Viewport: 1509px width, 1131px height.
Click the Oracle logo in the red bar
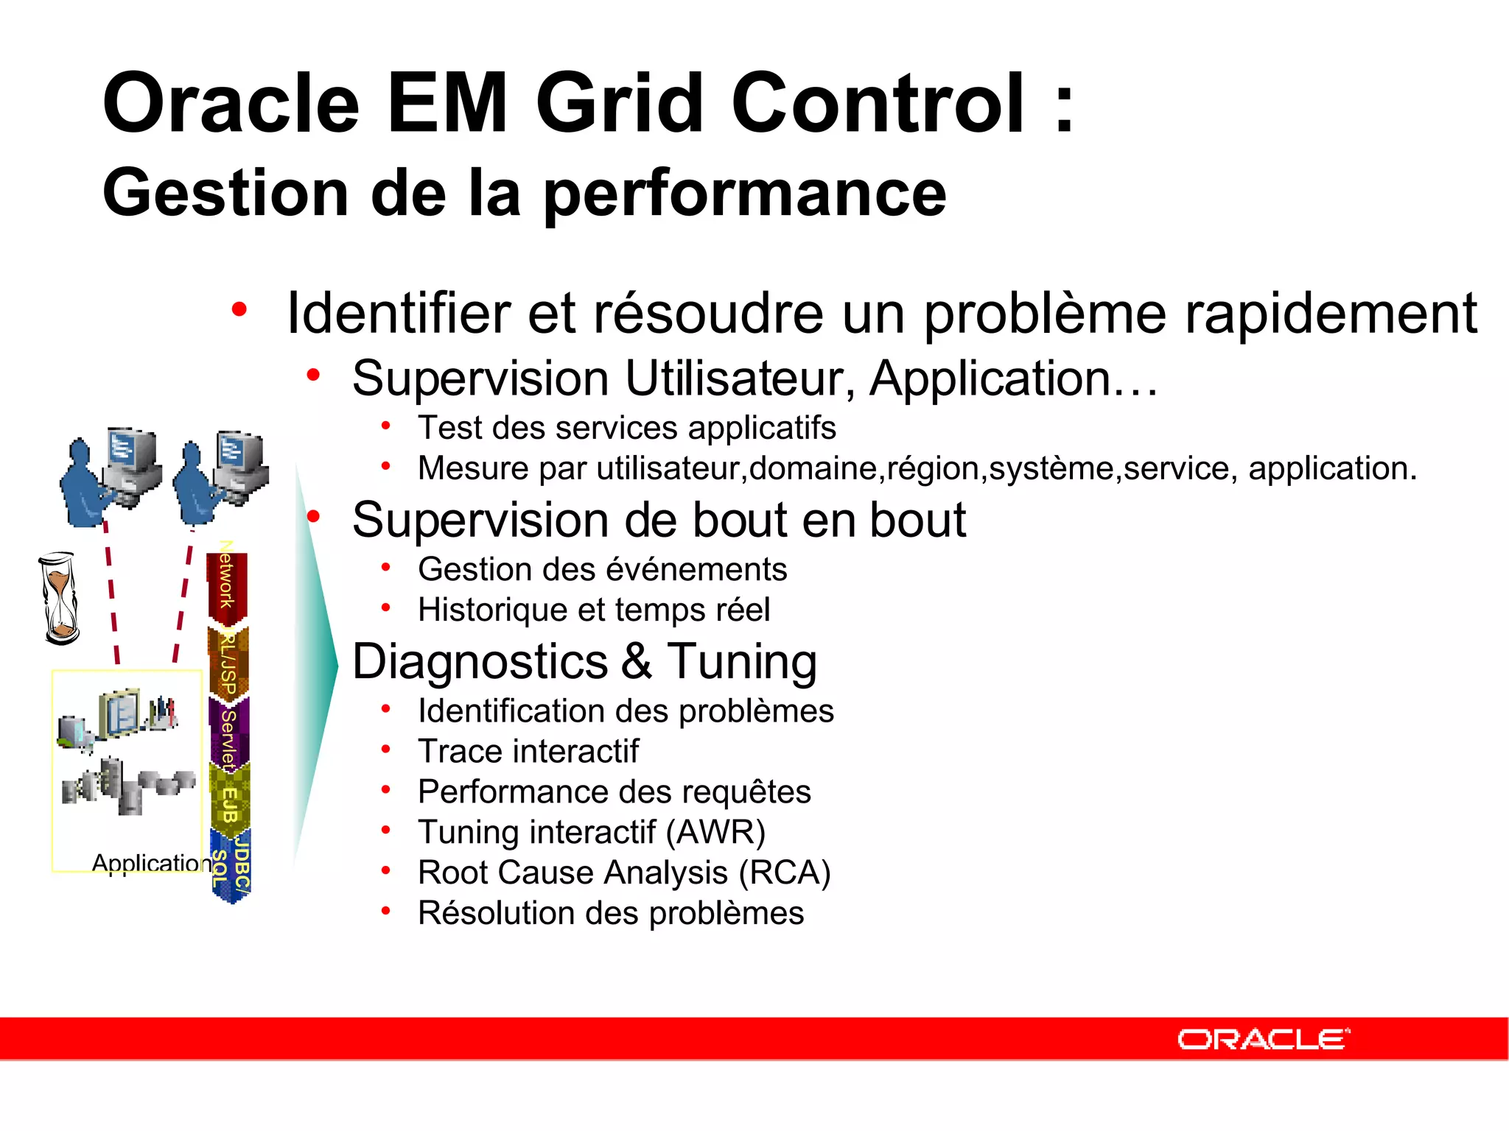tap(1263, 1039)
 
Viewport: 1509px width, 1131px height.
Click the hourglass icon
tap(59, 598)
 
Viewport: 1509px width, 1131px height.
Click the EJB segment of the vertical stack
tap(230, 803)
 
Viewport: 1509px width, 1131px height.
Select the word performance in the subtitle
tap(744, 193)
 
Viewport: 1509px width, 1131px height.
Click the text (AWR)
tap(715, 832)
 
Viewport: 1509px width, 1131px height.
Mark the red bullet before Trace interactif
tap(385, 750)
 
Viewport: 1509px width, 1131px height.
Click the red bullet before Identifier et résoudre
tap(239, 309)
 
